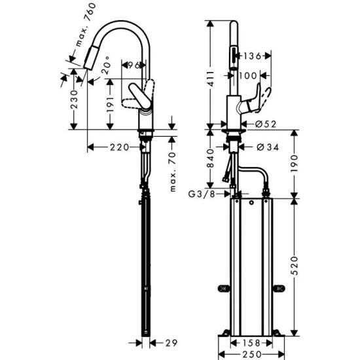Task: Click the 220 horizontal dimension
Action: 118,148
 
